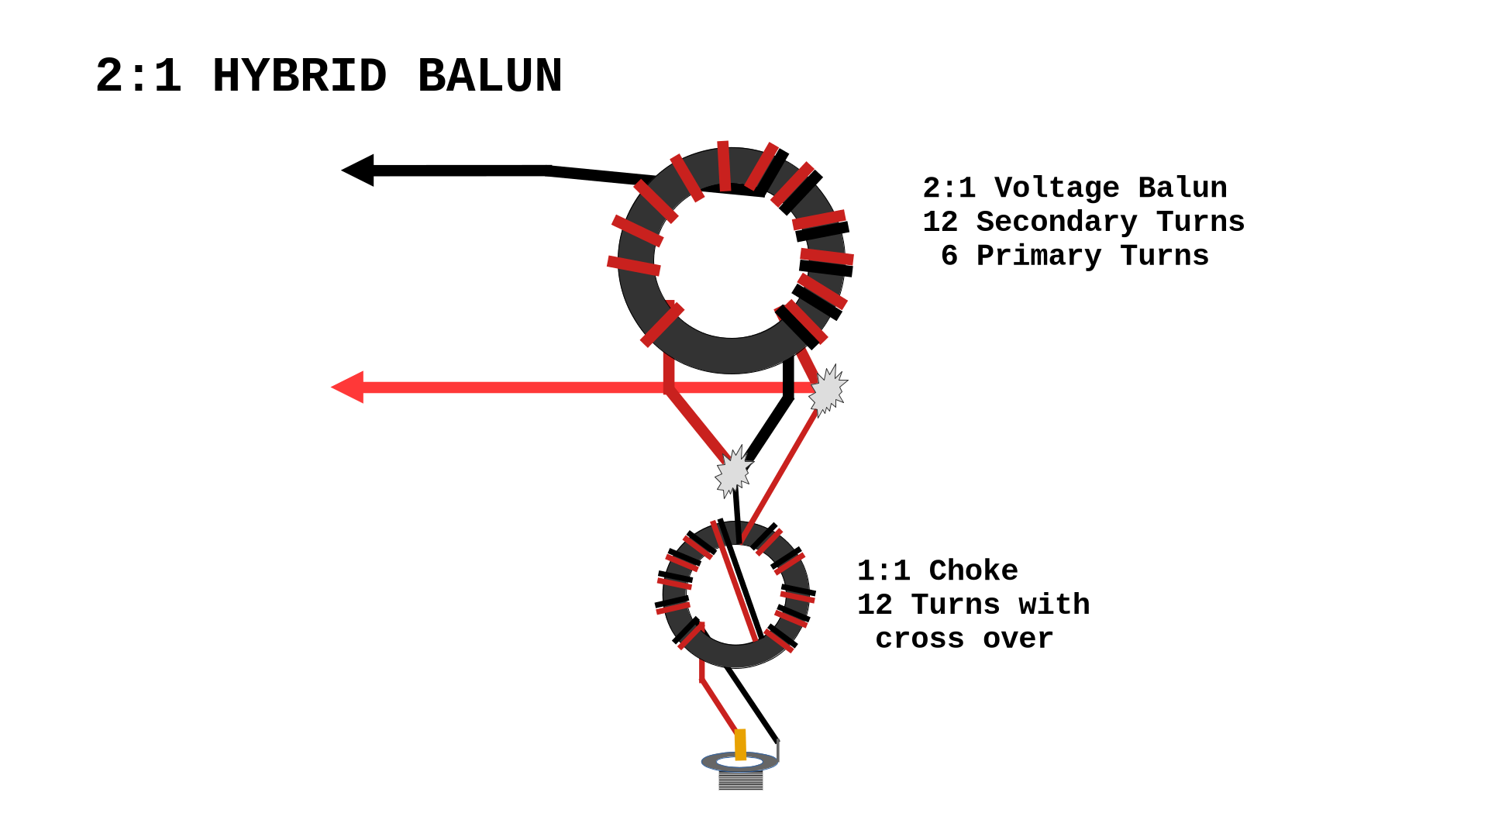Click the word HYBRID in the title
click(299, 77)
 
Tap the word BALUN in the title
click(490, 77)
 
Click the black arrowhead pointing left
click(358, 170)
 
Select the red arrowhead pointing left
click(348, 387)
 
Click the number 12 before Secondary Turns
click(940, 222)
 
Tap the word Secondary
click(1056, 222)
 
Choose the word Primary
click(1038, 257)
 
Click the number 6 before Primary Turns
click(949, 257)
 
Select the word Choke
click(973, 571)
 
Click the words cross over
click(964, 639)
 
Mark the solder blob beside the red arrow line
click(828, 391)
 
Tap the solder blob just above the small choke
click(732, 471)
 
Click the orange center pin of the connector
click(740, 744)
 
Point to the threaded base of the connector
click(740, 780)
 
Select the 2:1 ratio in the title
click(139, 77)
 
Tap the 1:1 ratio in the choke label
click(883, 571)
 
